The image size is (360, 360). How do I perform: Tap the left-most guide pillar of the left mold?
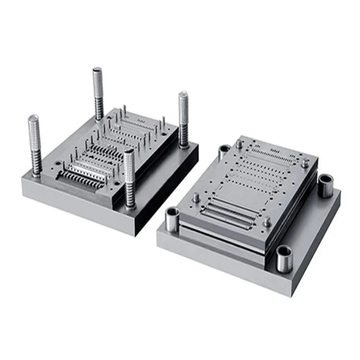coord(34,144)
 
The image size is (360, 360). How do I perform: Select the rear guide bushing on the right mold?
coord(224,152)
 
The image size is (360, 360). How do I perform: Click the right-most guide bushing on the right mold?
coord(325,185)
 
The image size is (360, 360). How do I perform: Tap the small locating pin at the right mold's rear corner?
coord(239,144)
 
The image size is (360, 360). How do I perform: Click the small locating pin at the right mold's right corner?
coord(305,163)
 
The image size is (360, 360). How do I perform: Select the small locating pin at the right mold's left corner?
coord(196,197)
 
